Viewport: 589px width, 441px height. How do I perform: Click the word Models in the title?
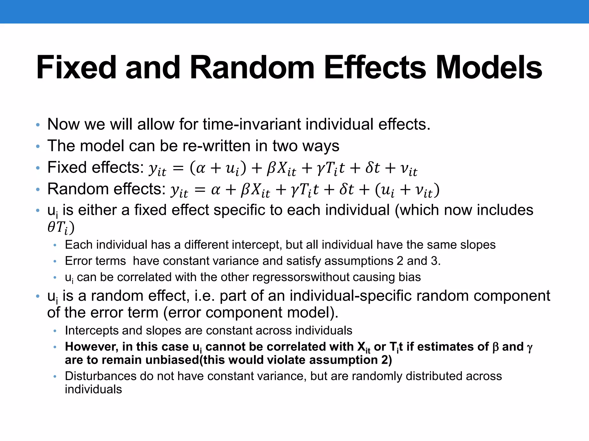pos(489,67)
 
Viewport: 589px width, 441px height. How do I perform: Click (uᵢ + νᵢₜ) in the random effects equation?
pos(407,190)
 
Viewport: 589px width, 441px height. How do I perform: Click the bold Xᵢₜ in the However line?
pos(364,347)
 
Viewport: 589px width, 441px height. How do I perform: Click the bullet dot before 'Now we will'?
pos(38,125)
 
